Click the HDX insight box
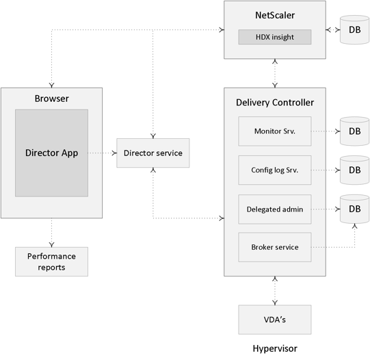(x=275, y=37)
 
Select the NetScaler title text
(x=275, y=15)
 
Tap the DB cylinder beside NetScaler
(x=354, y=29)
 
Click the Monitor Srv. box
(x=275, y=131)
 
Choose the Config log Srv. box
(x=275, y=170)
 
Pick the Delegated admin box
(x=275, y=209)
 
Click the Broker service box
(x=275, y=247)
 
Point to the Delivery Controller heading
(x=275, y=103)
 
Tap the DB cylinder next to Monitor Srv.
(x=354, y=131)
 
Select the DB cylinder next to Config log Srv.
(x=354, y=170)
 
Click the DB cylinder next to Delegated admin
(x=354, y=209)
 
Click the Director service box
(x=153, y=153)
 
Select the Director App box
(x=52, y=153)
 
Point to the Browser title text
(x=52, y=99)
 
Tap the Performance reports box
(x=52, y=261)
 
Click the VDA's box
(x=275, y=320)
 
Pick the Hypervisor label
(x=275, y=348)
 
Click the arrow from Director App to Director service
(x=102, y=153)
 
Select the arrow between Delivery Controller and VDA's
(x=275, y=291)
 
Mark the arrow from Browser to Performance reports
(x=52, y=233)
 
